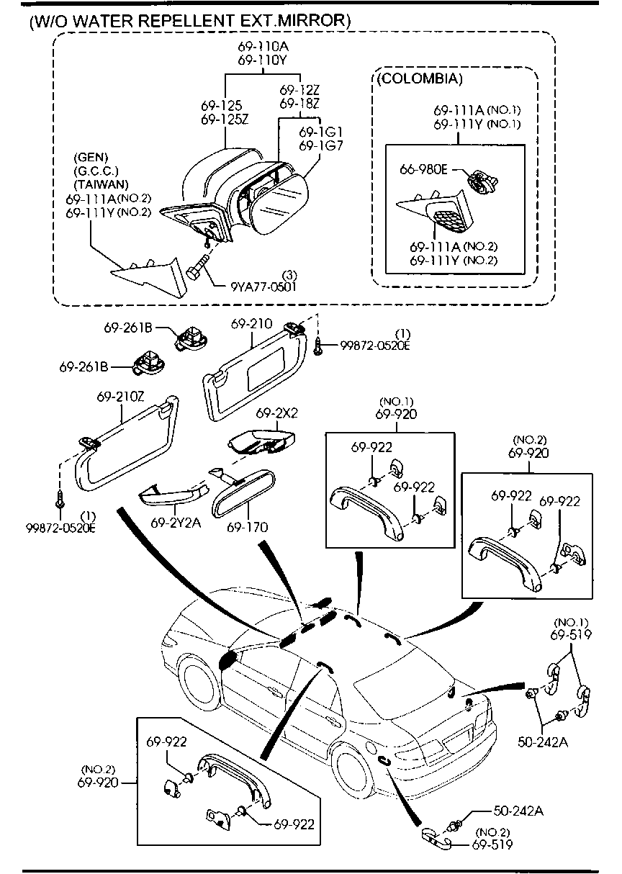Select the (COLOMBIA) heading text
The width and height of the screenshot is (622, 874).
pyautogui.click(x=418, y=78)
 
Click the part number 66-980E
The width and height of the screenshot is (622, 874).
pyautogui.click(x=424, y=169)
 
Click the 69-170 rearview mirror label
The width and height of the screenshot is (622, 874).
pyautogui.click(x=247, y=528)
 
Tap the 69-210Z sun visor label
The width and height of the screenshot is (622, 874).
pyautogui.click(x=120, y=397)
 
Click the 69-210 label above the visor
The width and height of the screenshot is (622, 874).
pyautogui.click(x=251, y=325)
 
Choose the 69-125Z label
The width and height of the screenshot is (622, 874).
pyautogui.click(x=225, y=119)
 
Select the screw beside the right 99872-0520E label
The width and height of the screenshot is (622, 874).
pyautogui.click(x=319, y=346)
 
